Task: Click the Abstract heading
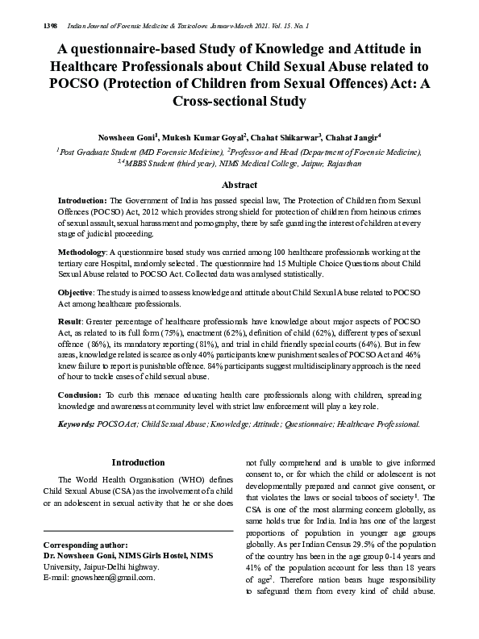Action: (239, 185)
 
